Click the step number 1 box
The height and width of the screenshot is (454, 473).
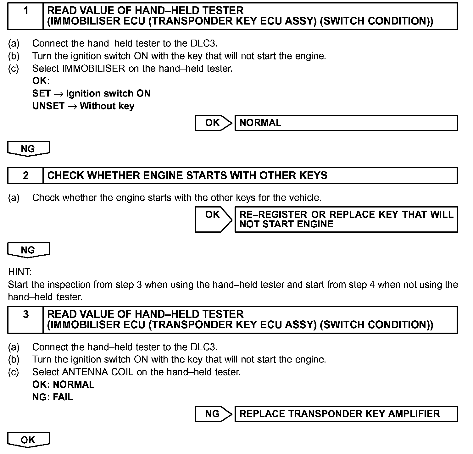tap(25, 16)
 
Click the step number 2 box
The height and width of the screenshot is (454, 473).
tap(25, 175)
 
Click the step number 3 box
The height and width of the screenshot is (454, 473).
tap(25, 320)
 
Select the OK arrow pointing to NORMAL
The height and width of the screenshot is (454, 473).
tap(213, 123)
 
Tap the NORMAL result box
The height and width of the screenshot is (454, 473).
tap(346, 123)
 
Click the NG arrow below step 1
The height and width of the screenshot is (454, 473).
tap(28, 149)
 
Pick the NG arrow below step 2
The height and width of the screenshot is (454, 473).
tap(28, 250)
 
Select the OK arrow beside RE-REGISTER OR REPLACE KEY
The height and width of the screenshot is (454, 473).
tap(213, 219)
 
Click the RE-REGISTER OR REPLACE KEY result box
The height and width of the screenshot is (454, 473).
tap(346, 219)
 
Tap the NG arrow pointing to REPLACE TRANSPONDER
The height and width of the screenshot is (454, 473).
tap(213, 414)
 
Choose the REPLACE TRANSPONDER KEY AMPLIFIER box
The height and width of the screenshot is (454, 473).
tap(346, 414)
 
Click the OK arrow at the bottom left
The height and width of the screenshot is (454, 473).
tap(28, 440)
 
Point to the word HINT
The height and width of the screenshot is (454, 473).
tap(20, 272)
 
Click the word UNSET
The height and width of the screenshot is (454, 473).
tap(48, 106)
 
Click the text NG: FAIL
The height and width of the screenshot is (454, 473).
tap(53, 397)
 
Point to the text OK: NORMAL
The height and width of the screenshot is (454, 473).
tap(63, 385)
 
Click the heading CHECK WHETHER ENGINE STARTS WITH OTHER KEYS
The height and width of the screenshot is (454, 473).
tap(187, 175)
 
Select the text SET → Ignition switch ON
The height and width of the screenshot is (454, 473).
tap(91, 93)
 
